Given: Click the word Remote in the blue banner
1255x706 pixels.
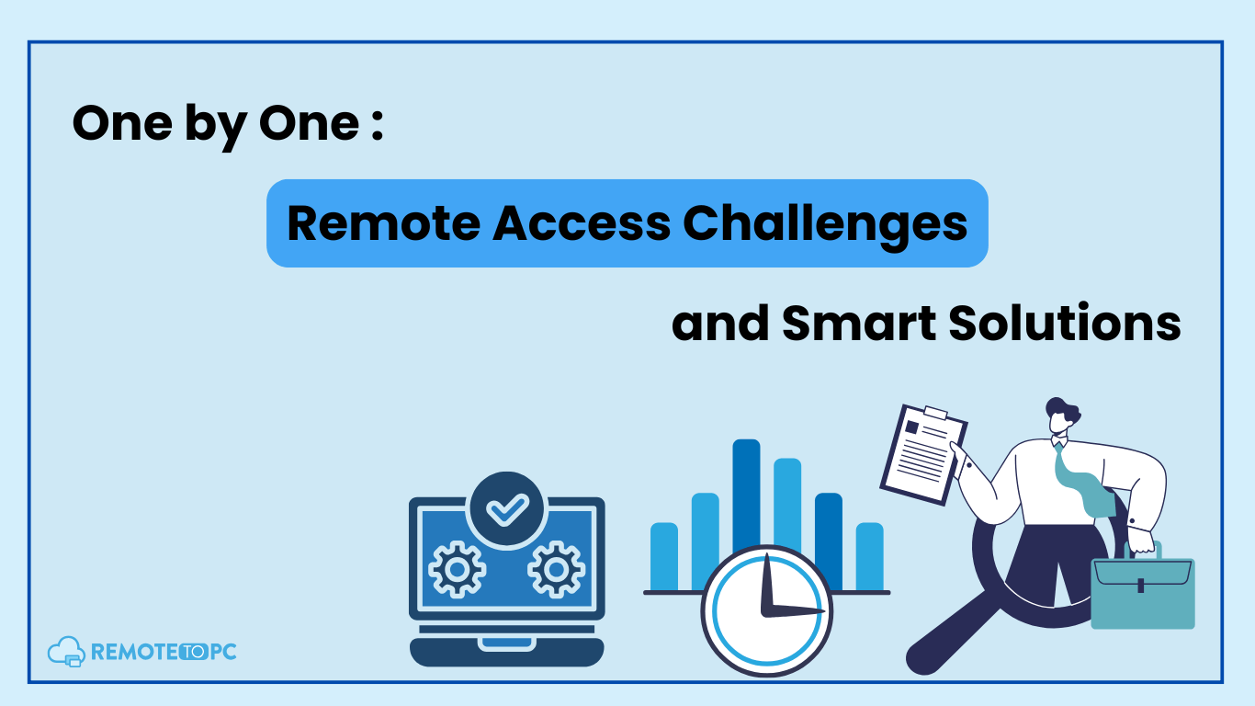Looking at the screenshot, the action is tap(384, 223).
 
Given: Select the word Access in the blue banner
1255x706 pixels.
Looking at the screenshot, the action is tap(582, 223).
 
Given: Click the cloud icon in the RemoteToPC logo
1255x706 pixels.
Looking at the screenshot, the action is tap(66, 652).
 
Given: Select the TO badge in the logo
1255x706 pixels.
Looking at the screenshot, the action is tap(194, 652).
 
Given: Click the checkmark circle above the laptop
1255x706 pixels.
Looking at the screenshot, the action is tap(507, 508).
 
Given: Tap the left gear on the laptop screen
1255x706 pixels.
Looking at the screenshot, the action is tap(458, 569).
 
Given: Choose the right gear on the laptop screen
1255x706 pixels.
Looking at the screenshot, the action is tap(557, 569).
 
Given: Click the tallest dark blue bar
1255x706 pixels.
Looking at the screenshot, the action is tap(746, 495).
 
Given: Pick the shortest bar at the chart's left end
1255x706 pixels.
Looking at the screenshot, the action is tap(664, 556).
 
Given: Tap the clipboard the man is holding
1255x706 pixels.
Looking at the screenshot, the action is tap(924, 454).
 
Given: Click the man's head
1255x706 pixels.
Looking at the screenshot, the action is tap(1062, 416).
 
